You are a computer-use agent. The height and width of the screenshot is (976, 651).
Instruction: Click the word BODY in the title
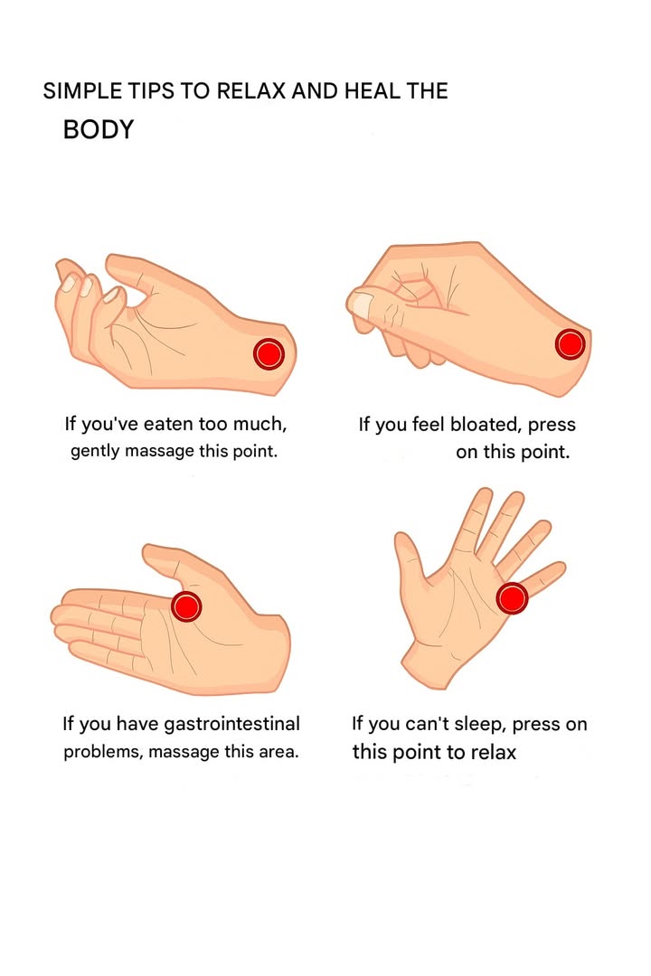pos(98,129)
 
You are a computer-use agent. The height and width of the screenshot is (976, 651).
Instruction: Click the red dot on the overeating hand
pos(269,353)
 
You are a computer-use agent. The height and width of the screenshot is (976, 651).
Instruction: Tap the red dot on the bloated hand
pos(570,344)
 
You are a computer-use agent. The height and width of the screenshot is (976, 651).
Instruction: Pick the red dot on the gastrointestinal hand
pos(186,606)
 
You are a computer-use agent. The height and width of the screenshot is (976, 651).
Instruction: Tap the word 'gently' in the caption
pos(95,451)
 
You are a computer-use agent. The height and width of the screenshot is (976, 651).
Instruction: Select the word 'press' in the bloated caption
pos(552,425)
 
